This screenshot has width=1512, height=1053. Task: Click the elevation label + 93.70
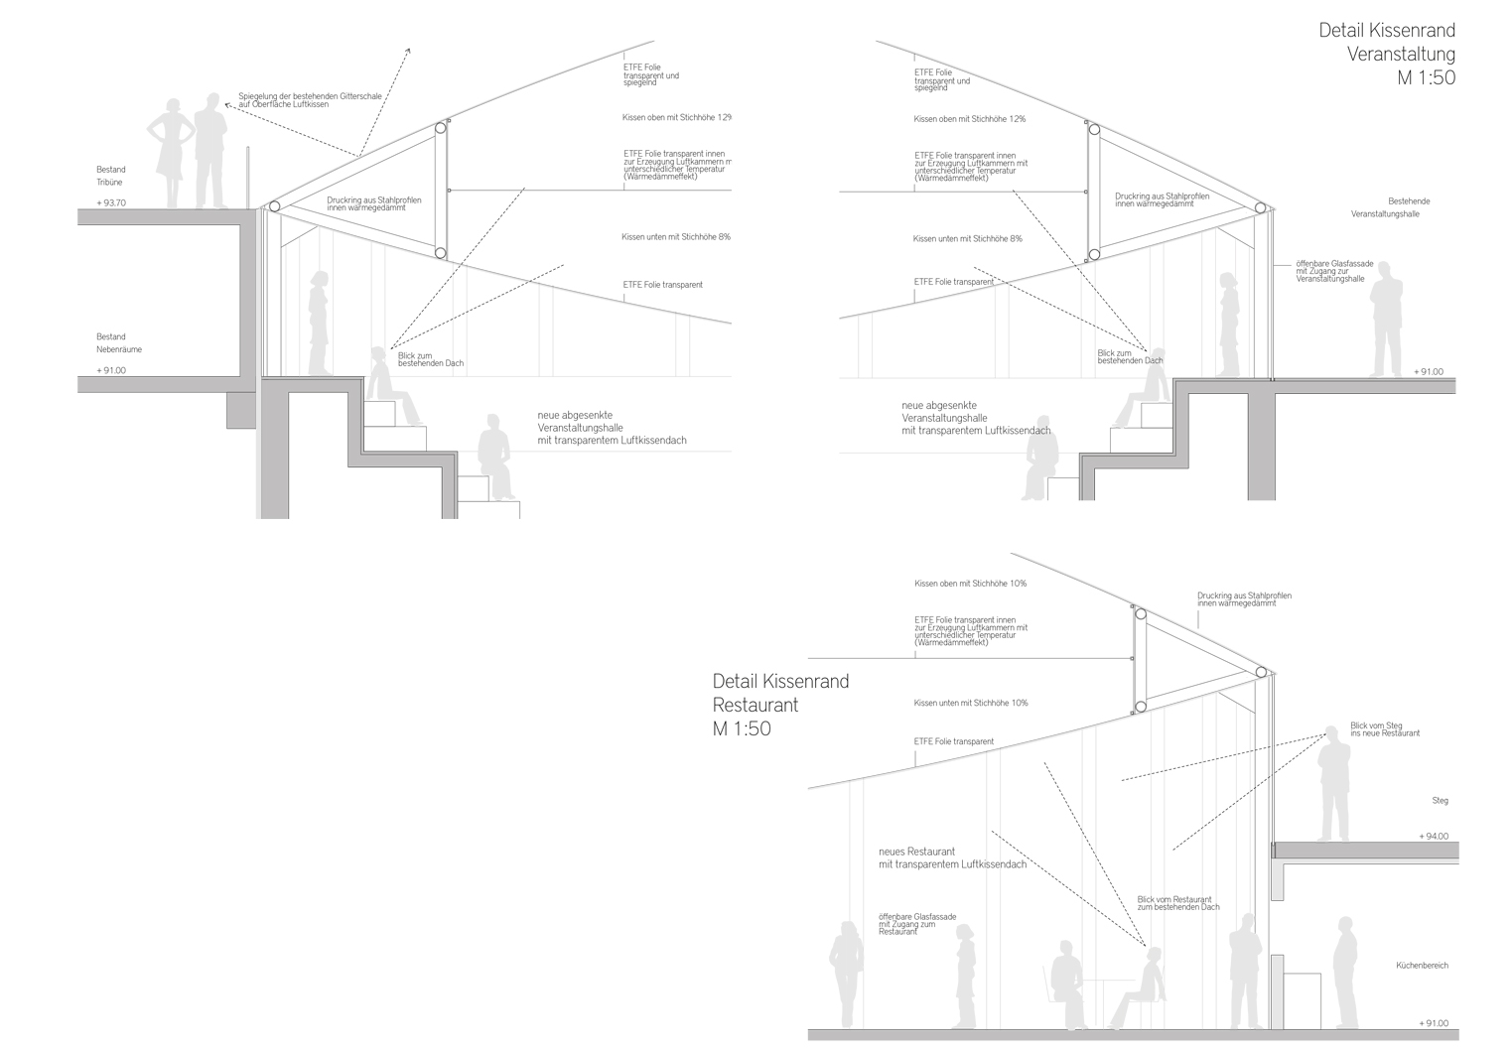pos(111,203)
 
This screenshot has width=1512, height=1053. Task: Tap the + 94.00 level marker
pos(1434,837)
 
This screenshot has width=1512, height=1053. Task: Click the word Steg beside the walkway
pos(1440,801)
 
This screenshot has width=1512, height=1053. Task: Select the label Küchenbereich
pos(1422,965)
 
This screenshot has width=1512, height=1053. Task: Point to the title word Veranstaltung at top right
pos(1401,54)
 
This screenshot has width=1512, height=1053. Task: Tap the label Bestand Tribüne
pos(110,177)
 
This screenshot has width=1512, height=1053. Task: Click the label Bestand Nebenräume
pos(118,343)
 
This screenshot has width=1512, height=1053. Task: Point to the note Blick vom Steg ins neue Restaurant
pos(1384,729)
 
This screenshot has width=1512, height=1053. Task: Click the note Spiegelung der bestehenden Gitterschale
pos(309,100)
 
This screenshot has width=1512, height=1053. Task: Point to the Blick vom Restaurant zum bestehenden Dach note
pos(1177,903)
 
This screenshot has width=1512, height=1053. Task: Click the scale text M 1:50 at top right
pos(1426,78)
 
